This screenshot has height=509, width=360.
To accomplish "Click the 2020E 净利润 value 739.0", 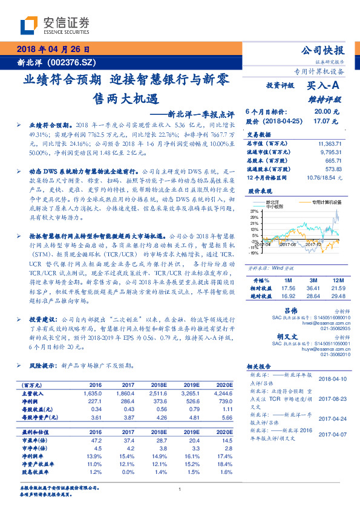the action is click(x=224, y=401).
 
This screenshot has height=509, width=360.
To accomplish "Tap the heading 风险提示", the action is click(x=41, y=366).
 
